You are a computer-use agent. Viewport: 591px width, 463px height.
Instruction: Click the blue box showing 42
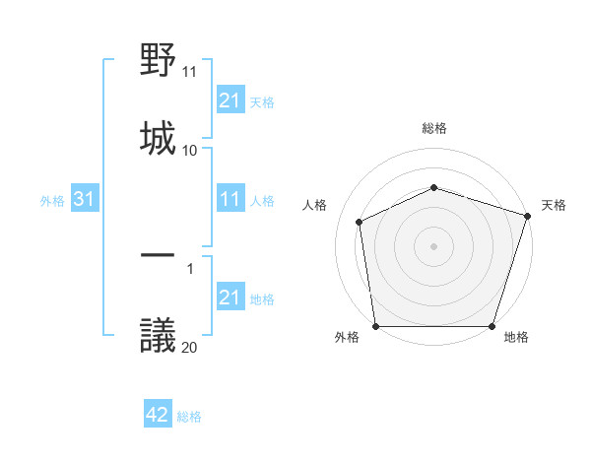coord(158,415)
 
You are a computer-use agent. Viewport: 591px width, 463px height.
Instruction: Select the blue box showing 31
coord(85,200)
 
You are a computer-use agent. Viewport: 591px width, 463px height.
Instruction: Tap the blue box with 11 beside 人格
coord(230,200)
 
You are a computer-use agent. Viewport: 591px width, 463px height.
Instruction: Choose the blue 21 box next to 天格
coord(230,100)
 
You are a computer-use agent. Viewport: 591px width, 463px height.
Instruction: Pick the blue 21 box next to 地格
coord(230,298)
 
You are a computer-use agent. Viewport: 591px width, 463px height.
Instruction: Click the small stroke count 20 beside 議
coord(190,347)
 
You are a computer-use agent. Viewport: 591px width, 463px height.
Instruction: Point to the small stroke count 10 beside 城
coord(190,150)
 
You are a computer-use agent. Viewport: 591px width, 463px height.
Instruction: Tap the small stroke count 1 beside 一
coord(190,267)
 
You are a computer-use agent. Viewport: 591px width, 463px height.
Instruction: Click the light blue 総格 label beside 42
coord(189,417)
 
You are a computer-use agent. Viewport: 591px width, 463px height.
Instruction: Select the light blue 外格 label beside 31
coord(52,201)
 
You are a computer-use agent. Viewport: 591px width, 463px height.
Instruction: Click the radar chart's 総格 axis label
coord(434,128)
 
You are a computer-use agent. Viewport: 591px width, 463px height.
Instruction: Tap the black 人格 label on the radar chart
coord(316,205)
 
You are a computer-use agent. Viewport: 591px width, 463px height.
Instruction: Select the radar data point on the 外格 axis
coord(376,326)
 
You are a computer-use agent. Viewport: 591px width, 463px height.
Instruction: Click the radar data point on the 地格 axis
coord(492,326)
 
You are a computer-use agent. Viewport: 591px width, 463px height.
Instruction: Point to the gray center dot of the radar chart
coord(433,246)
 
